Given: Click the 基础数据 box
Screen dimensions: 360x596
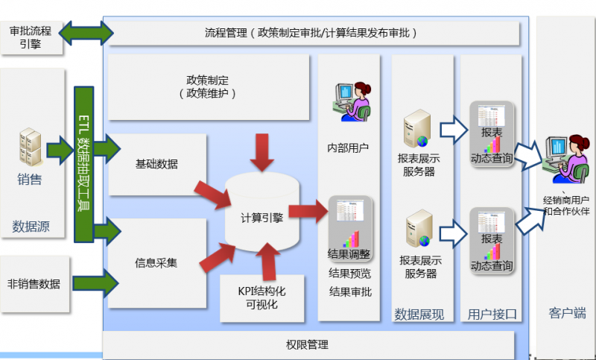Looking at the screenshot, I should coord(156,165).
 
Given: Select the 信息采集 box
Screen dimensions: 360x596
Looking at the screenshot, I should coord(156,262).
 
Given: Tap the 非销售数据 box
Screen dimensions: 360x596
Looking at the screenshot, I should coord(34,283).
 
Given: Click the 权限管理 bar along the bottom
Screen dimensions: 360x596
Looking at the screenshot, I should coord(307,345).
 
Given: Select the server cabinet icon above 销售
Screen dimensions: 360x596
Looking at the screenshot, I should coord(30,148).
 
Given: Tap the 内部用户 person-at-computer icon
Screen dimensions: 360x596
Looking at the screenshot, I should coord(351,101).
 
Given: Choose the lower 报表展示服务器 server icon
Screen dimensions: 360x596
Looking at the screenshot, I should coord(418,230).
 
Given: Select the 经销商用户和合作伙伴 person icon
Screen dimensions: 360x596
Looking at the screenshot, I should coord(567,158).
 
